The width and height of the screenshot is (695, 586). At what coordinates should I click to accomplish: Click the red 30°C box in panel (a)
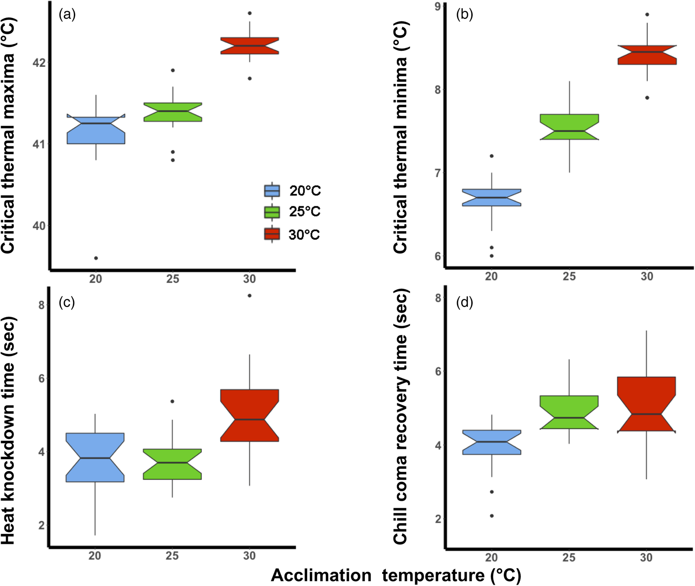point(249,46)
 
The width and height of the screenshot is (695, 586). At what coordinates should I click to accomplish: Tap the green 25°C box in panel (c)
point(172,464)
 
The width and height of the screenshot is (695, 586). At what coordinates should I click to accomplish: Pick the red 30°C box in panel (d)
point(646,404)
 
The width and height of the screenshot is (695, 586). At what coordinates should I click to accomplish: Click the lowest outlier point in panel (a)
point(96,258)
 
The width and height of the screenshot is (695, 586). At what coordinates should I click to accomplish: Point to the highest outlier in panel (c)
point(249,296)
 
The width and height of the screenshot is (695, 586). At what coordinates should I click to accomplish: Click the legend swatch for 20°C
point(272,191)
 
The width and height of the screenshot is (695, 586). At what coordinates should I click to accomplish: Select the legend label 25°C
point(304,212)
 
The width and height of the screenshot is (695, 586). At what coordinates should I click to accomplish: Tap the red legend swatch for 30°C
point(272,235)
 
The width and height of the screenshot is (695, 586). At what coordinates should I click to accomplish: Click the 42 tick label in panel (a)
point(39,63)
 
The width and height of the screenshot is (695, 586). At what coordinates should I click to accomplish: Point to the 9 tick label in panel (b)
point(437,6)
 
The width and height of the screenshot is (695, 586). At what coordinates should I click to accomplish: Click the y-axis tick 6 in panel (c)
point(41,378)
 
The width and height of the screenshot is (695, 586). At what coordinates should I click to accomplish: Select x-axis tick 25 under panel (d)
point(569,557)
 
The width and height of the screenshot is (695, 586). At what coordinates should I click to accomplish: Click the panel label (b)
point(464,15)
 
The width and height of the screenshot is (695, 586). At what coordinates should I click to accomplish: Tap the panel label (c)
point(67,302)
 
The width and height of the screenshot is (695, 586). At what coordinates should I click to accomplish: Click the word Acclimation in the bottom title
point(321,575)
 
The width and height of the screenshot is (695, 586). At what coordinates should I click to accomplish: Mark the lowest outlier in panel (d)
point(492,516)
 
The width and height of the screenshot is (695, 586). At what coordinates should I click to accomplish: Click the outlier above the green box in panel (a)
point(173,70)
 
